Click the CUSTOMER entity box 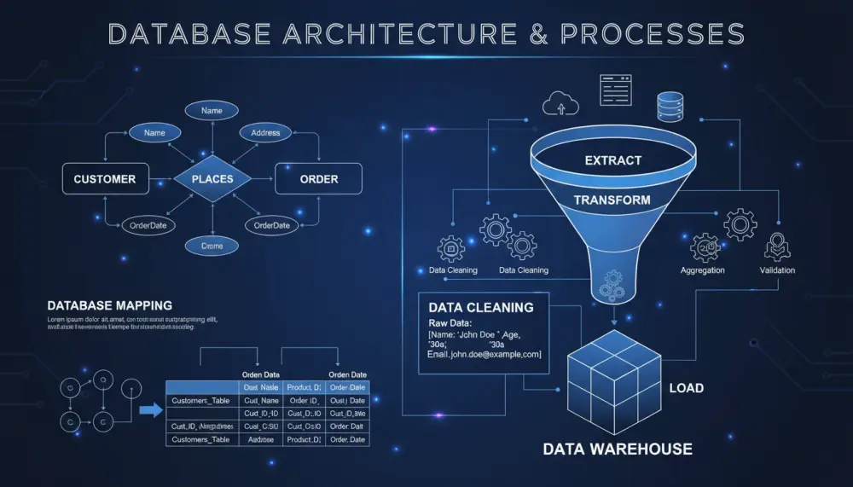coord(105,179)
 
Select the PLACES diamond coord(212,179)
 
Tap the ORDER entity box coord(318,179)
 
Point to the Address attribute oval coord(265,133)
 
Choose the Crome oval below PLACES coord(212,246)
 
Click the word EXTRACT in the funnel coord(612,160)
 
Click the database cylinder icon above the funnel coord(669,107)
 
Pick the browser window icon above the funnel coord(616,90)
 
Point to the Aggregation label coord(703,270)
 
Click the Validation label coord(777,270)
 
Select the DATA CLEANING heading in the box coord(480,307)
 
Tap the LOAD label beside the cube coord(686,388)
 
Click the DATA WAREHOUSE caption coord(618,449)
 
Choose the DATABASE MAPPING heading coord(109,304)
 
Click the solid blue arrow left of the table coord(150,410)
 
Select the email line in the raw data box coord(484,354)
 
